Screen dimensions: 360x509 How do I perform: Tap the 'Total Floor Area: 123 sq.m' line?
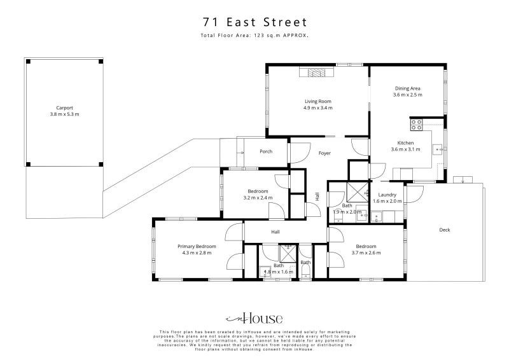tap(254, 36)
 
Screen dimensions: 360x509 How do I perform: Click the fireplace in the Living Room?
tap(317, 73)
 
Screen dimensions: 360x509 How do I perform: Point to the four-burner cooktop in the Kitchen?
tap(417, 124)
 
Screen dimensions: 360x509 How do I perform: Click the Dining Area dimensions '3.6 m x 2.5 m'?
tap(407, 95)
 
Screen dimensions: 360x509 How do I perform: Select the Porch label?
tap(266, 151)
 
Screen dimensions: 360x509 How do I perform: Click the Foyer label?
tap(324, 153)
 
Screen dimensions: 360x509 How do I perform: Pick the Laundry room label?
tap(387, 195)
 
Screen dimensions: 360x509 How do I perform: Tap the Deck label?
tap(444, 230)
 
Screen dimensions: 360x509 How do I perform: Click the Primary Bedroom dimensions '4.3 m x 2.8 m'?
tap(197, 253)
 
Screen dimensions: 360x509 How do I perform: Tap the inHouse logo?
tap(254, 318)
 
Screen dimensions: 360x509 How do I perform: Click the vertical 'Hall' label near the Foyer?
tap(317, 197)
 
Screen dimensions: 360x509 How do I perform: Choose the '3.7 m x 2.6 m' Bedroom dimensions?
tap(366, 253)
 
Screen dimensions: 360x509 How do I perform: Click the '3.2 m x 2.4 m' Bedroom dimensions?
tap(258, 198)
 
